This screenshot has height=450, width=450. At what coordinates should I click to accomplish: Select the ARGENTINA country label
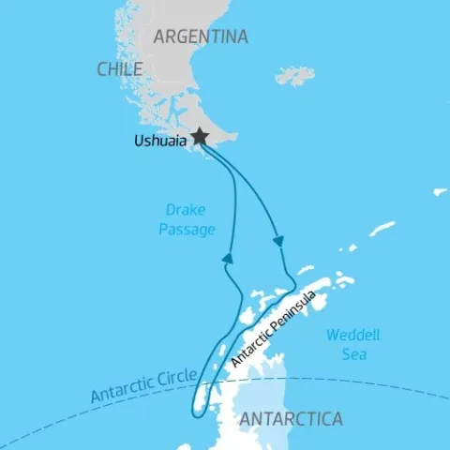pyautogui.click(x=201, y=37)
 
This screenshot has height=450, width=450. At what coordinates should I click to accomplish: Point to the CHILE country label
pyautogui.click(x=119, y=69)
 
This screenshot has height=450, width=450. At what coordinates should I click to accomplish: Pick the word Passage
pyautogui.click(x=188, y=229)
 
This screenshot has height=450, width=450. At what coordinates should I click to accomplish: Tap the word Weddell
pyautogui.click(x=349, y=336)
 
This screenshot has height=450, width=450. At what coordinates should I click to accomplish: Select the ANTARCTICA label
pyautogui.click(x=292, y=418)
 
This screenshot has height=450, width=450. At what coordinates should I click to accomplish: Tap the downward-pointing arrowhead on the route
pyautogui.click(x=278, y=242)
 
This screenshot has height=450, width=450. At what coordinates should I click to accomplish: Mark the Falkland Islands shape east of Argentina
pyautogui.click(x=295, y=76)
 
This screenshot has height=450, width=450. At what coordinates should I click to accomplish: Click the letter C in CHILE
pyautogui.click(x=101, y=69)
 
